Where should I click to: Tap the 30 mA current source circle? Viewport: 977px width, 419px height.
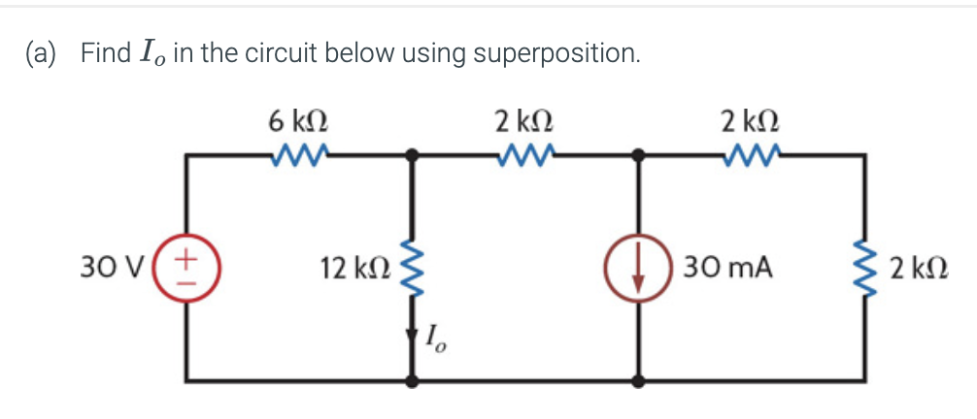(x=638, y=266)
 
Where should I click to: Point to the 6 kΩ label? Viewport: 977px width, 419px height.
(x=297, y=121)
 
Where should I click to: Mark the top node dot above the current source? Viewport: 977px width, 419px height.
(x=638, y=154)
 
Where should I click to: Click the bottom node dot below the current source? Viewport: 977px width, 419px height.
(x=638, y=379)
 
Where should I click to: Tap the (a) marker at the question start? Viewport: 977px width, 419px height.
(x=42, y=52)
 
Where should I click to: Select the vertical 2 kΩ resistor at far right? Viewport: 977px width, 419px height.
(x=863, y=266)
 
